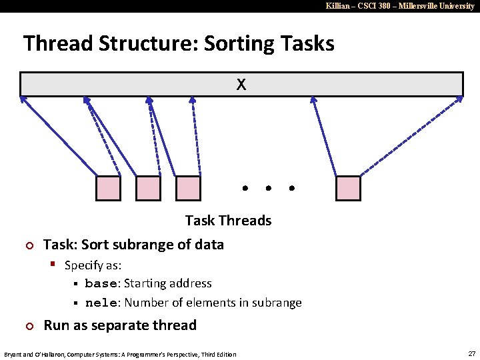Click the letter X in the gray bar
pyautogui.click(x=241, y=85)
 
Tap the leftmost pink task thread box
pyautogui.click(x=108, y=189)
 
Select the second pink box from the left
pyautogui.click(x=148, y=189)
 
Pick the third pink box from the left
pyautogui.click(x=188, y=189)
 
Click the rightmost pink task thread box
pyautogui.click(x=348, y=189)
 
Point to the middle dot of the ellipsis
pyautogui.click(x=268, y=189)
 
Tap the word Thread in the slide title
pyautogui.click(x=57, y=44)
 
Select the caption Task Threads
pyautogui.click(x=228, y=221)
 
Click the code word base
pyautogui.click(x=101, y=284)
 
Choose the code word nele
pyautogui.click(x=101, y=303)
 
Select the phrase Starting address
pyautogui.click(x=168, y=284)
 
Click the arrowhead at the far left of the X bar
pyautogui.click(x=22, y=99)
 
